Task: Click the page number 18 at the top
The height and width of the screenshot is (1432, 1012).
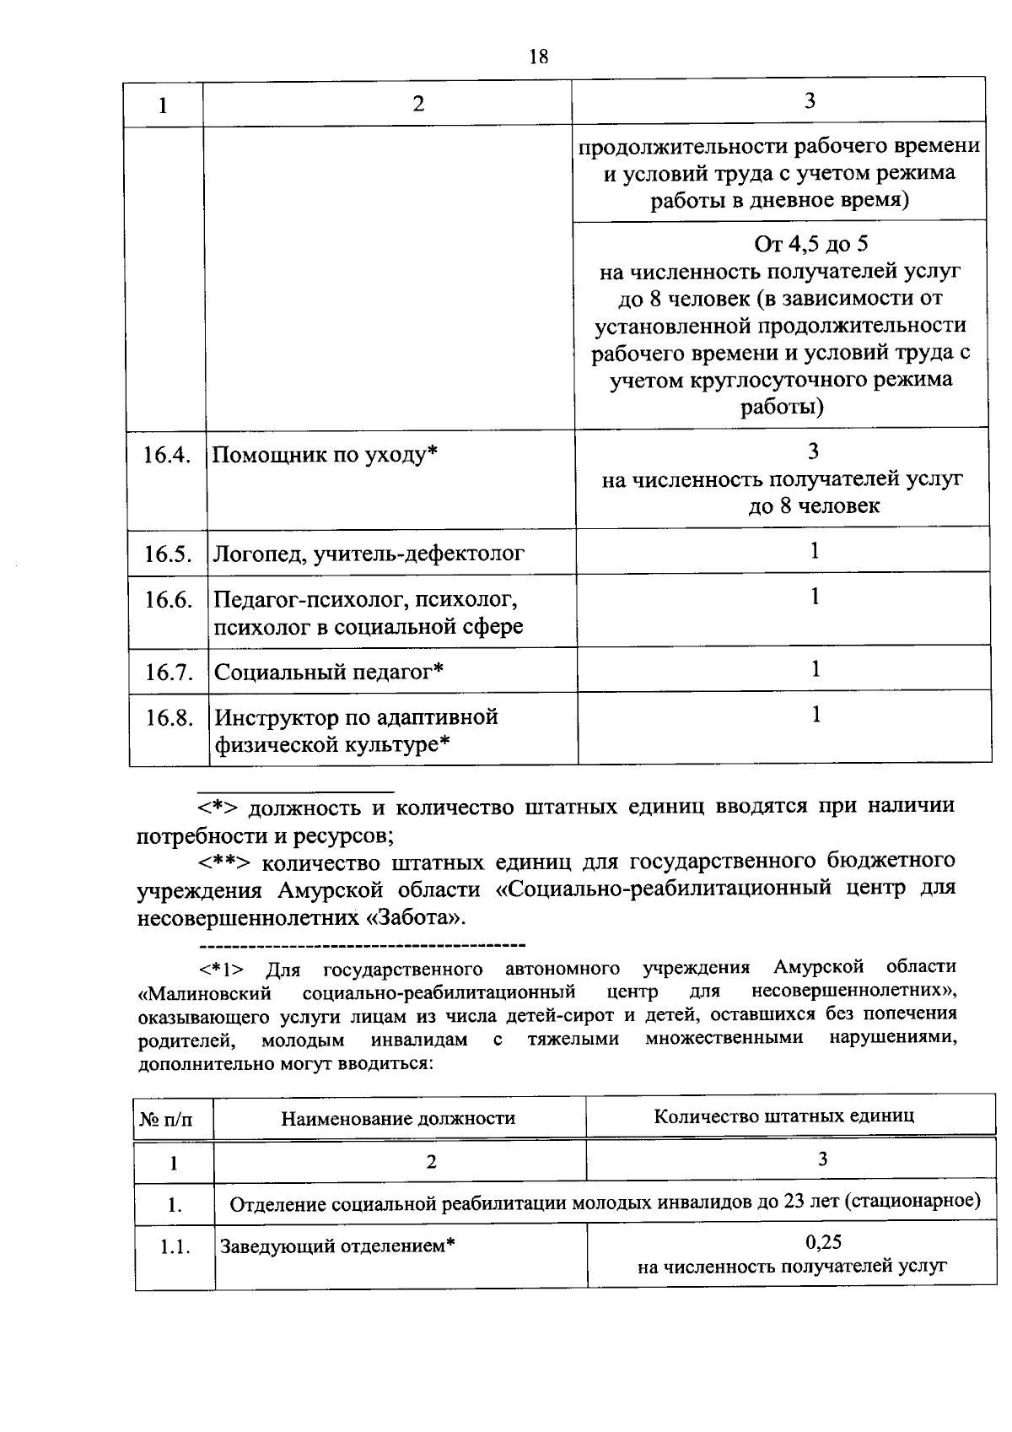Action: (x=538, y=57)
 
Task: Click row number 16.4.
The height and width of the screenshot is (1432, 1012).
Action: (x=167, y=456)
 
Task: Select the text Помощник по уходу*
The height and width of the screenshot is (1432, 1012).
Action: (x=325, y=456)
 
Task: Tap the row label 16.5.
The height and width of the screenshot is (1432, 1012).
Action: (x=168, y=554)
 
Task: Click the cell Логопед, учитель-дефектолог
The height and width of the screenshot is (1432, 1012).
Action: (x=369, y=554)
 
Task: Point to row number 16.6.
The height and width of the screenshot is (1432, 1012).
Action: (x=169, y=600)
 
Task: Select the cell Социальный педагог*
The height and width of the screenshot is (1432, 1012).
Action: (x=329, y=673)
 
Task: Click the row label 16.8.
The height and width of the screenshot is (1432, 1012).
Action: (x=170, y=718)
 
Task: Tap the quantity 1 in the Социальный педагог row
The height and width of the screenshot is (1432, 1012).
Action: (x=816, y=669)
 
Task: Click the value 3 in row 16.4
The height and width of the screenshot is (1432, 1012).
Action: (x=813, y=451)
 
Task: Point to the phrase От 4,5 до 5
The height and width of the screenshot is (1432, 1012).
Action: (x=810, y=245)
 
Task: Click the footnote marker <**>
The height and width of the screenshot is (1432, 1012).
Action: (x=224, y=862)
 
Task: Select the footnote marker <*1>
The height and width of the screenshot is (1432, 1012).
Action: (x=221, y=968)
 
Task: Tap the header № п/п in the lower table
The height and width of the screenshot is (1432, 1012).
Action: (x=166, y=1120)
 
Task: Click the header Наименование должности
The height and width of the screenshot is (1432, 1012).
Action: (x=398, y=1119)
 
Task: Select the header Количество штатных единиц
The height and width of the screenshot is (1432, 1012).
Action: (x=783, y=1116)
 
